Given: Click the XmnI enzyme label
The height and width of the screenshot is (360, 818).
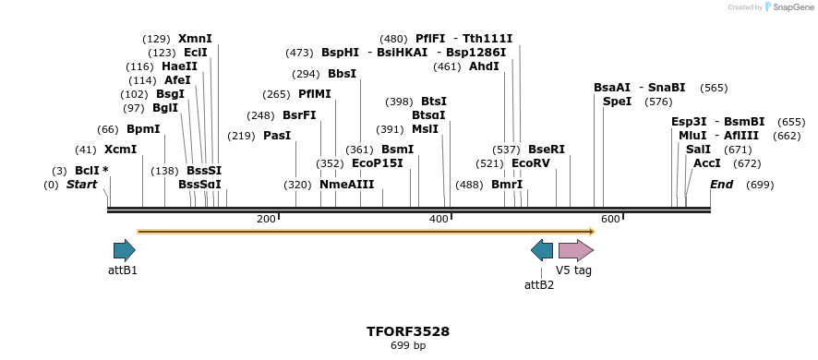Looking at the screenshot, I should click(195, 39).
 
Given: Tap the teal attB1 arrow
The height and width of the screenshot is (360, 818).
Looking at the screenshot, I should click(124, 250).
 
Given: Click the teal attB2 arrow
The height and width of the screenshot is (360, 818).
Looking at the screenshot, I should click(542, 250).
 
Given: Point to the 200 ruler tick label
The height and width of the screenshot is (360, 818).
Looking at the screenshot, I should click(266, 219).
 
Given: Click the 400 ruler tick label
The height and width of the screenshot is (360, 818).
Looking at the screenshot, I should click(439, 219).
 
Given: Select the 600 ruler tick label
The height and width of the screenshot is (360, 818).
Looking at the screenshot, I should click(610, 219).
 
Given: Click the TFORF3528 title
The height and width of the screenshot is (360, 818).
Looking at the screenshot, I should click(408, 330).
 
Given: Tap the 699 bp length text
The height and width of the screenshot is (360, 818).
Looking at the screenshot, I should click(408, 346).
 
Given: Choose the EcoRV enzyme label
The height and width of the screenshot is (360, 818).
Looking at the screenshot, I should click(531, 163).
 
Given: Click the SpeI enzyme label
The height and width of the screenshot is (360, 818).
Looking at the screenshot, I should click(617, 102).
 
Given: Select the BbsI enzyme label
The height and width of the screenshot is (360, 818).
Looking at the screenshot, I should click(342, 74).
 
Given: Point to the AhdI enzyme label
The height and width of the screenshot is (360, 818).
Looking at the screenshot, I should click(484, 66).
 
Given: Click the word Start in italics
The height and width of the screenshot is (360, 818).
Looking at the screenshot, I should click(81, 185).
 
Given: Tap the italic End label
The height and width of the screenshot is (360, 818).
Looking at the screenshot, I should click(721, 185).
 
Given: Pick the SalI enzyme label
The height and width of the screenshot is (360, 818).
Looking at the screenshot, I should click(698, 150).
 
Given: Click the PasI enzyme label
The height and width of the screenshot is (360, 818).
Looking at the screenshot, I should click(277, 136).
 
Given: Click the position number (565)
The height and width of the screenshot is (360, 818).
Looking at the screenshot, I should click(714, 88).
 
